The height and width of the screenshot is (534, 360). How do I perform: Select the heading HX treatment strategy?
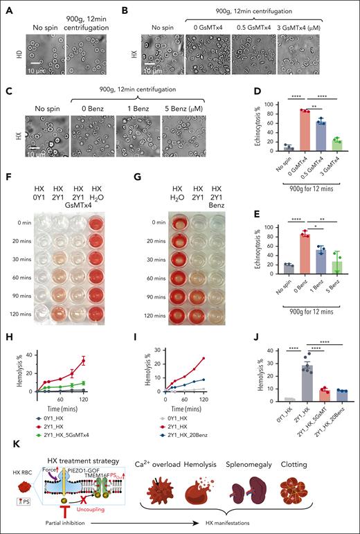pos(100,443)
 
